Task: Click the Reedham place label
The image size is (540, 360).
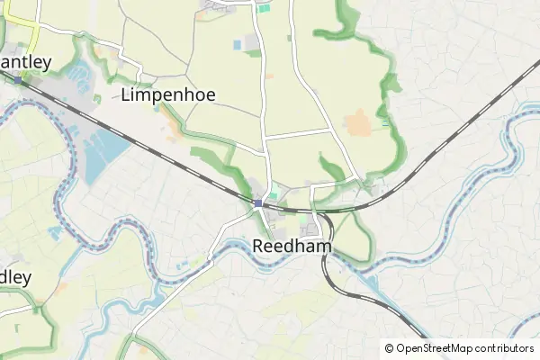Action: pos(292,246)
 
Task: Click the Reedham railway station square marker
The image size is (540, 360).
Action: pos(258,203)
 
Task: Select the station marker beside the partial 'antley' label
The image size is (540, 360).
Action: pos(17,80)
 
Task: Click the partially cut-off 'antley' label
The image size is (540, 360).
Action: pos(27,62)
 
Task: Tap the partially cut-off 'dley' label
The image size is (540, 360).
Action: pos(16,275)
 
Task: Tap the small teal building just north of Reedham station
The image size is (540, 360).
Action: pos(273,195)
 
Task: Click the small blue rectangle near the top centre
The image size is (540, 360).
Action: pos(238,44)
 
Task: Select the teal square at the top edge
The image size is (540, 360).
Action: pos(264,7)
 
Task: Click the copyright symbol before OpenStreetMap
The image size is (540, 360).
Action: pos(390,348)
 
